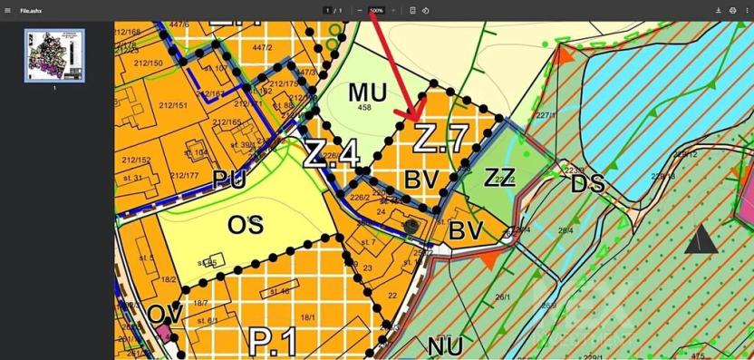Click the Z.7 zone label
tap(441, 139)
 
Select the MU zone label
tap(367, 92)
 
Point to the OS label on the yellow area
tap(246, 224)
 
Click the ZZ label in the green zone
tap(499, 177)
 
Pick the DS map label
tap(587, 184)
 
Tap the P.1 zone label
tap(275, 343)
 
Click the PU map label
tap(229, 180)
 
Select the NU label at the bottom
tap(444, 345)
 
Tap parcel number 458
tap(365, 108)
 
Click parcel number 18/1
tap(308, 317)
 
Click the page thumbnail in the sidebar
tap(54, 55)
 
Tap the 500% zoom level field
tap(376, 10)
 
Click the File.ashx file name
tap(33, 10)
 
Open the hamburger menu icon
tap(7, 10)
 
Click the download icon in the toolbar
tap(718, 10)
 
